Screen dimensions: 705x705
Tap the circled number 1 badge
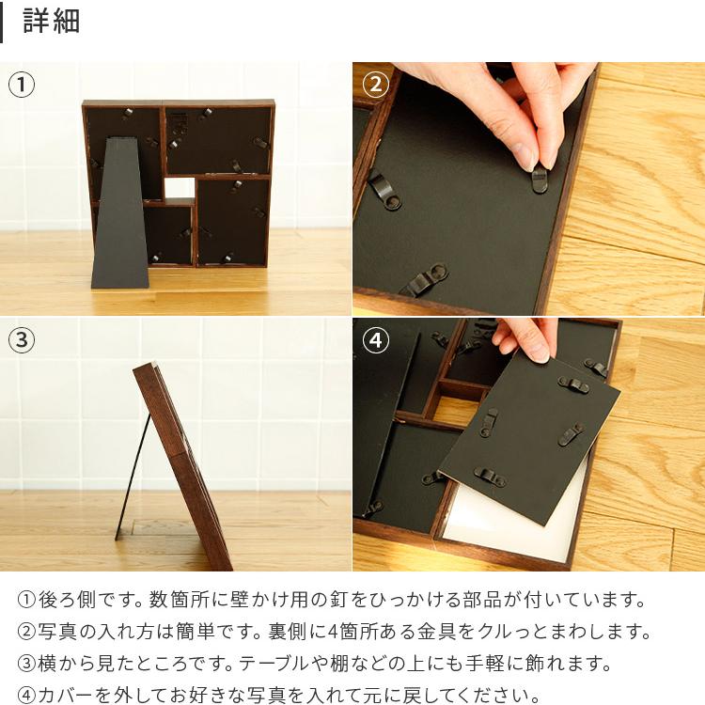(x=22, y=86)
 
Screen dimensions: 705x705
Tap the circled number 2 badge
(x=375, y=86)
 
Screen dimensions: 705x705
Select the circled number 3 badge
(x=22, y=340)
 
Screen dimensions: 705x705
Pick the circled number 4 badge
(x=375, y=340)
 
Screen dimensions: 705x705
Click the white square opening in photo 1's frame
(x=179, y=188)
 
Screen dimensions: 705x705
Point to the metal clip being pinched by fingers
(x=539, y=179)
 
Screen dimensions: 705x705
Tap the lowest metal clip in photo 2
(x=425, y=280)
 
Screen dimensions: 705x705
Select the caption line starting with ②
(x=334, y=632)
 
